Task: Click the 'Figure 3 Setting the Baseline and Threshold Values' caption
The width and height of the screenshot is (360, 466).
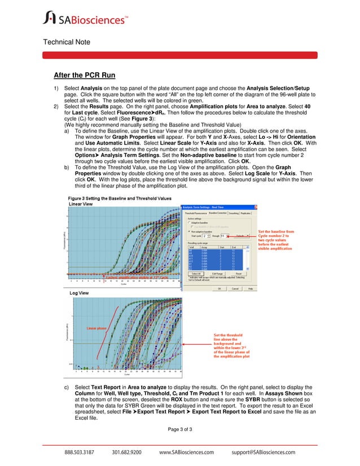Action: click(120, 199)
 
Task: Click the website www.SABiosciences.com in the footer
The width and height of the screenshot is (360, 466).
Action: click(187, 452)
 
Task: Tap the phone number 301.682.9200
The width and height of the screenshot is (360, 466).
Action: click(127, 452)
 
